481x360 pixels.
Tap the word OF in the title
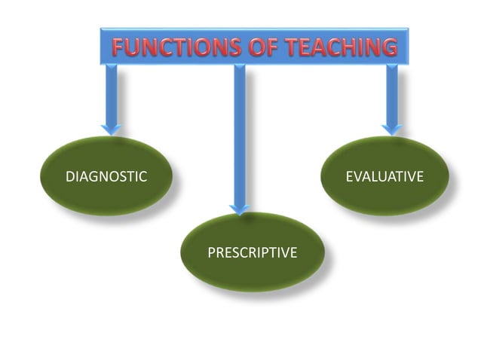[255, 48]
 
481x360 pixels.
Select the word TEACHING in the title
[336, 48]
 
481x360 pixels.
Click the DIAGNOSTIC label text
[106, 177]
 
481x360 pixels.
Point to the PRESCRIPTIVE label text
[252, 252]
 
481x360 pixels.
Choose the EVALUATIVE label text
[384, 177]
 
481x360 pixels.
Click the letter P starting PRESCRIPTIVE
[211, 252]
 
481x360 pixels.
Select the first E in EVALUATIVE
[349, 177]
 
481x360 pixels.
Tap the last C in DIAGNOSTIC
[142, 177]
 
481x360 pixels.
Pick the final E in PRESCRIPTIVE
[293, 252]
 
